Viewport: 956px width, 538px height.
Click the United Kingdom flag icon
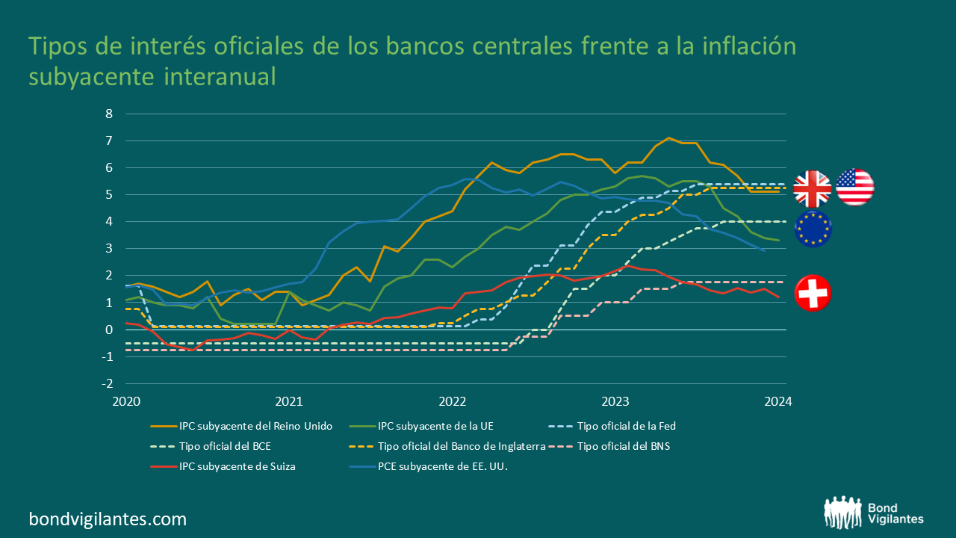tap(812, 189)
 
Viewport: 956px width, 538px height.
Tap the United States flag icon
tap(855, 187)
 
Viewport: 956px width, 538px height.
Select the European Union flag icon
tap(813, 229)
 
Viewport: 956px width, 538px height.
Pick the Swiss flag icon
tap(813, 293)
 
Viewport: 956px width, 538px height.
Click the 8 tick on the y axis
tap(109, 114)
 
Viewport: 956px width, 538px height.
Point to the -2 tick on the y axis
tap(107, 383)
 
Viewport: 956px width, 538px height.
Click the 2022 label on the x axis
tap(453, 401)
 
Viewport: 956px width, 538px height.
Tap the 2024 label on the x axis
tap(778, 401)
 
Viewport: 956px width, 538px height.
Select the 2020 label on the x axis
tap(126, 401)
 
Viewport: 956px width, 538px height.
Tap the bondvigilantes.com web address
tap(108, 519)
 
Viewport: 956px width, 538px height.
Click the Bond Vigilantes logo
tap(874, 513)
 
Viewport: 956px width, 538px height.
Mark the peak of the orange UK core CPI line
tap(668, 138)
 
